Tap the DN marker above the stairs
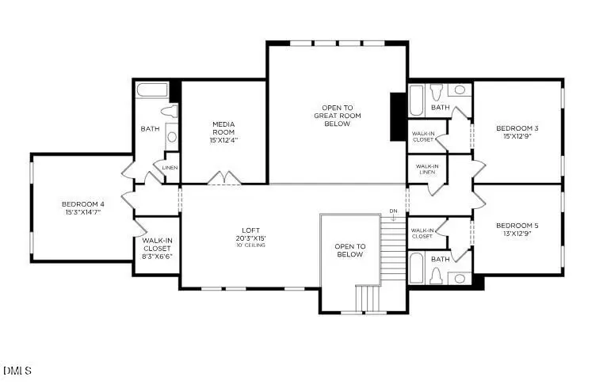pyautogui.click(x=393, y=211)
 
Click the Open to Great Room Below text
pyautogui.click(x=337, y=116)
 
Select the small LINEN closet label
pyautogui.click(x=170, y=168)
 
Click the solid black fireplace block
pyautogui.click(x=398, y=116)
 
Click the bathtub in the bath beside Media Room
pyautogui.click(x=152, y=90)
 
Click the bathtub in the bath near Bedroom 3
pyautogui.click(x=417, y=101)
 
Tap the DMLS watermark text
pyautogui.click(x=17, y=371)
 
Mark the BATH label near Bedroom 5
pyautogui.click(x=440, y=258)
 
